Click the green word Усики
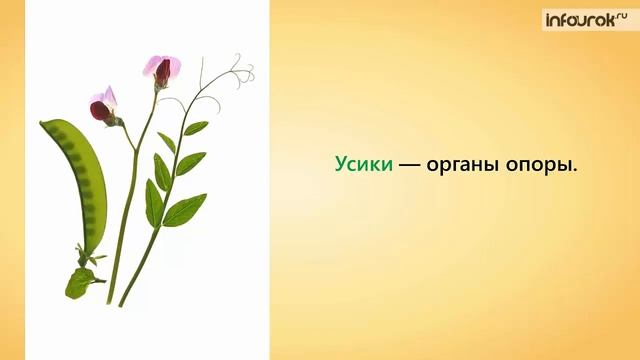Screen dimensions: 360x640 click(363, 167)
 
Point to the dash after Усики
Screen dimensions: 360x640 click(409, 167)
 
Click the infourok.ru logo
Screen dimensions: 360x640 click(583, 20)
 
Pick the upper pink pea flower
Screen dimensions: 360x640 click(163, 71)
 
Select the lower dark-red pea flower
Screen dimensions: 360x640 click(104, 106)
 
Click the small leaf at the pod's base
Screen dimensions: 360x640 click(79, 281)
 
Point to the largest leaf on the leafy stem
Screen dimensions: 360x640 click(185, 209)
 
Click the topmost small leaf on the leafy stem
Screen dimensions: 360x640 click(196, 127)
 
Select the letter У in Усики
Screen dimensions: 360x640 click(341, 167)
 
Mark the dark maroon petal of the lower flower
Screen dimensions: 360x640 click(101, 111)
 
